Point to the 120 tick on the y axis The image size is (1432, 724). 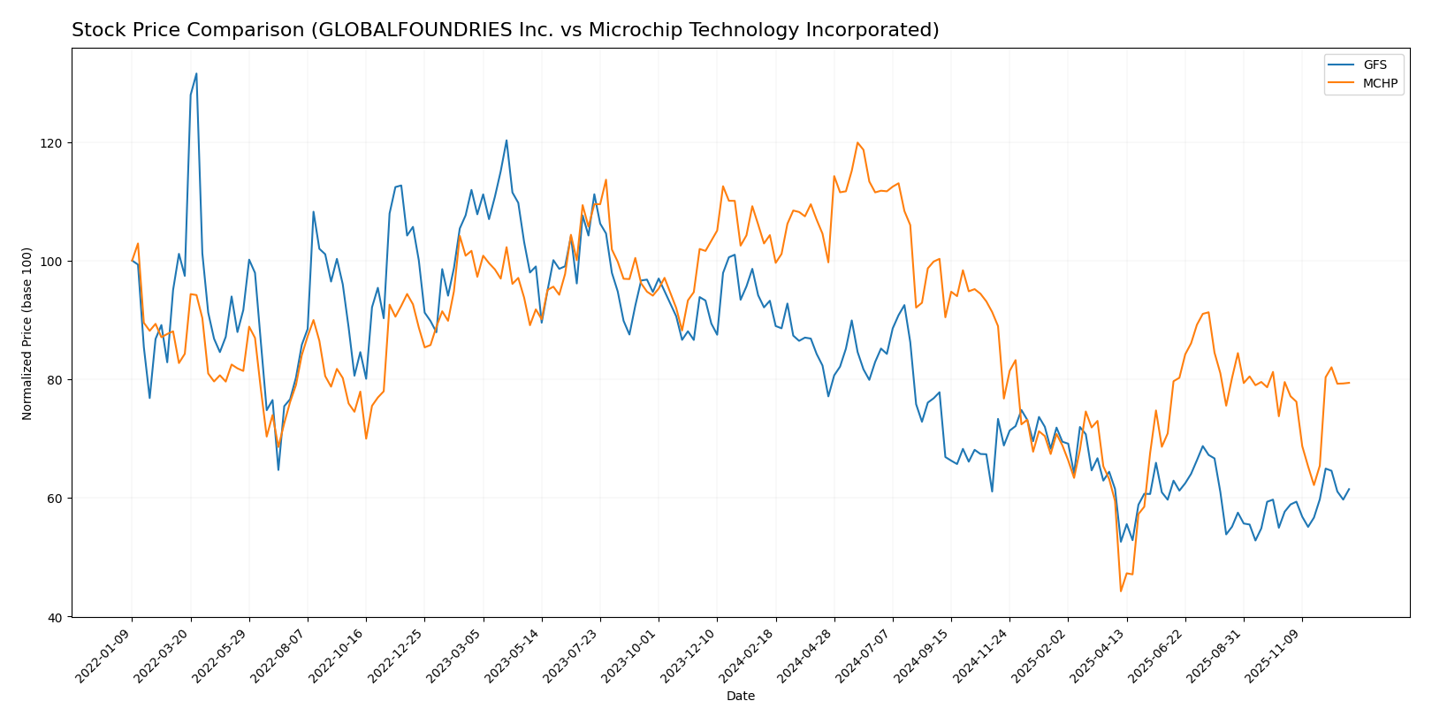(54, 143)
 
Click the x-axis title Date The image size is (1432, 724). (741, 697)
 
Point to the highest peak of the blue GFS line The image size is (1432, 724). (196, 73)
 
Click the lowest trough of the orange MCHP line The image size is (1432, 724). (1121, 591)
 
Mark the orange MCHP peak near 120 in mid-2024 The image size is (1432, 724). (857, 143)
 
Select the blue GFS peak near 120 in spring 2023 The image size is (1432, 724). (507, 140)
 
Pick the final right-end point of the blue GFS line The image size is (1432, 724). (1349, 489)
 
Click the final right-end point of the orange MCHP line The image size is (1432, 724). (1349, 383)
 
